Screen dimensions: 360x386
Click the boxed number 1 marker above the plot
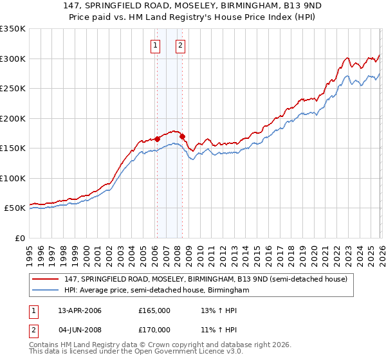[x=156, y=45]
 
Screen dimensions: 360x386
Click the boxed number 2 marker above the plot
[x=180, y=45]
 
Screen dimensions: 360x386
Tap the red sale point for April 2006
[x=157, y=139]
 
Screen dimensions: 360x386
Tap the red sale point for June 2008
[x=182, y=136]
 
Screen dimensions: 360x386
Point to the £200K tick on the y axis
[x=13, y=118]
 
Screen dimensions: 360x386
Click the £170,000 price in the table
[x=154, y=330]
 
